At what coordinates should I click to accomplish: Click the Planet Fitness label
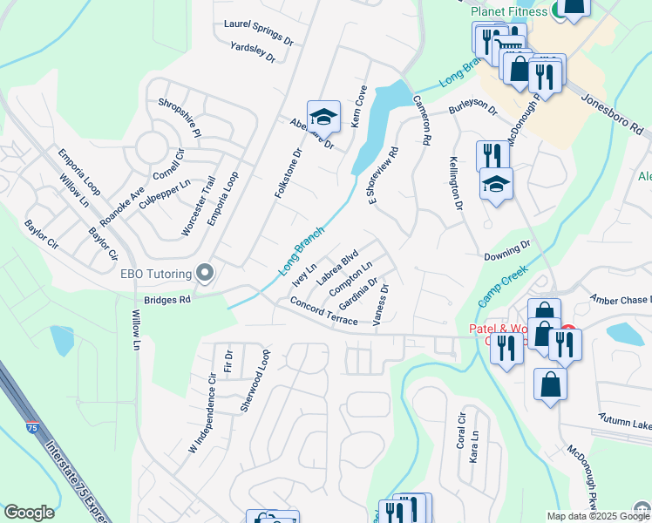pyautogui.click(x=508, y=11)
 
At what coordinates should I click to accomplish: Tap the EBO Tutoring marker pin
pyautogui.click(x=205, y=274)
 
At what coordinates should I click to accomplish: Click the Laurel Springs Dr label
pyautogui.click(x=258, y=33)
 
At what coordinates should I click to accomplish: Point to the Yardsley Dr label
pyautogui.click(x=253, y=52)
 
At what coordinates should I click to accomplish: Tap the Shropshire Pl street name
pyautogui.click(x=180, y=117)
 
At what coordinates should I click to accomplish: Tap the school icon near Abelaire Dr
pyautogui.click(x=323, y=115)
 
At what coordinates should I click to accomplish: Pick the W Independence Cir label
pyautogui.click(x=201, y=415)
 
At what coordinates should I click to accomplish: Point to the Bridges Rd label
pyautogui.click(x=166, y=298)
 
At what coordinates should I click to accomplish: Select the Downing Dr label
pyautogui.click(x=507, y=251)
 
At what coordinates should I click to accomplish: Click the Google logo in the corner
pyautogui.click(x=29, y=513)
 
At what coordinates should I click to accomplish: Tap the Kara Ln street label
pyautogui.click(x=474, y=445)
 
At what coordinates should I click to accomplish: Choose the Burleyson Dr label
pyautogui.click(x=472, y=111)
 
